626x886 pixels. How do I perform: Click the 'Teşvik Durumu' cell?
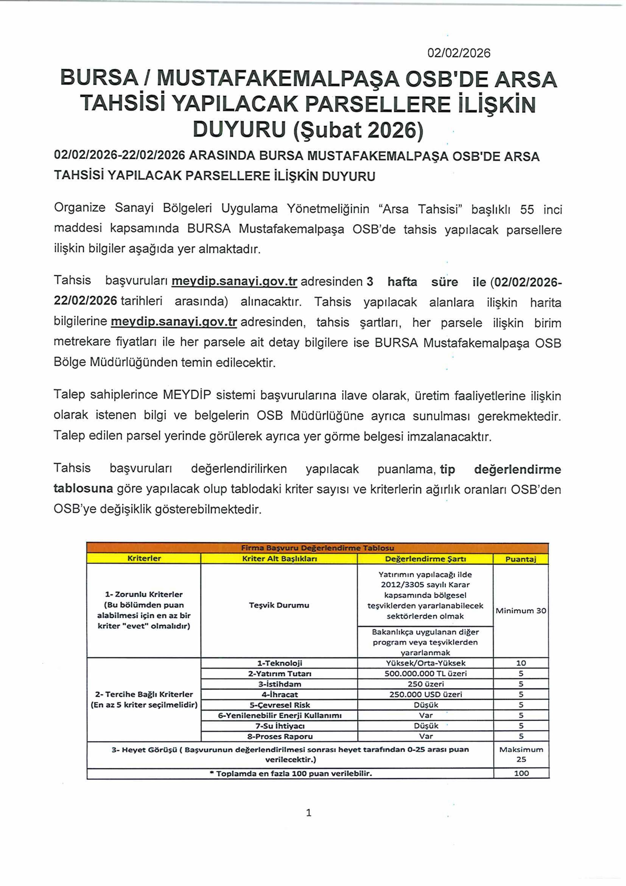point(279,605)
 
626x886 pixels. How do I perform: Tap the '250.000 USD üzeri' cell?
point(425,694)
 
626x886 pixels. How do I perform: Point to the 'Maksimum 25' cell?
point(521,754)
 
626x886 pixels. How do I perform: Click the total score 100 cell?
point(521,773)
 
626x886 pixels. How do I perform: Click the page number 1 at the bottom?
point(308,813)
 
